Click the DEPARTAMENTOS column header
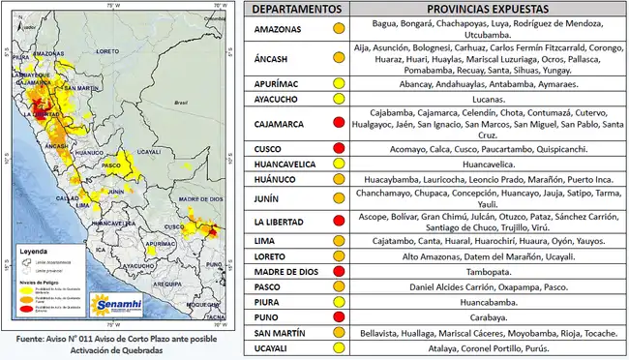click(x=296, y=9)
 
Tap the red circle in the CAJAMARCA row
click(x=338, y=123)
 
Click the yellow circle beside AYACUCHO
click(x=338, y=99)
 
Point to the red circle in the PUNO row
click(x=338, y=317)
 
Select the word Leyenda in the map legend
click(x=36, y=250)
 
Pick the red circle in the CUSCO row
click(x=338, y=149)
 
